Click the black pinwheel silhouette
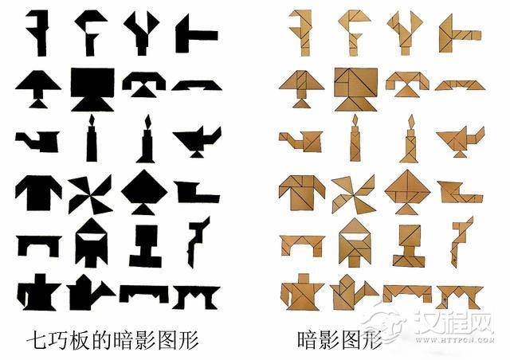[90, 194]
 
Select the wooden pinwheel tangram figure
[354, 194]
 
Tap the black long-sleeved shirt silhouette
[38, 193]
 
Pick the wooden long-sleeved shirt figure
[302, 193]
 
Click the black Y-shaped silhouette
[142, 33]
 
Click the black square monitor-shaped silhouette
[92, 89]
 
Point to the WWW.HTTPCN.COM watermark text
[454, 340]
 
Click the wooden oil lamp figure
[461, 140]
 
